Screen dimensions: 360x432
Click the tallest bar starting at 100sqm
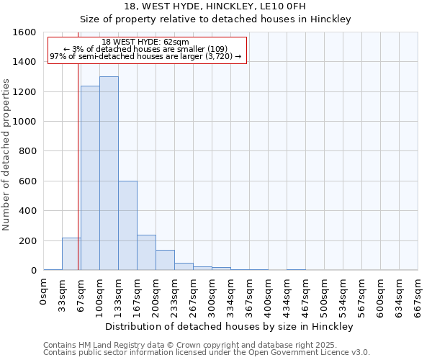(109, 173)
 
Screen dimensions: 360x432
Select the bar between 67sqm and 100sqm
(90, 178)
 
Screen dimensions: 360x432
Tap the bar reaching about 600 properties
(127, 225)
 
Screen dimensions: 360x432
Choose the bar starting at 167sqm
(146, 252)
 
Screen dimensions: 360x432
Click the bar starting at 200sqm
(165, 260)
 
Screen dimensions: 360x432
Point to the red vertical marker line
(78, 166)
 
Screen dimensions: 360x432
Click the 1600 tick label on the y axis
(24, 32)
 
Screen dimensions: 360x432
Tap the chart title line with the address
(215, 6)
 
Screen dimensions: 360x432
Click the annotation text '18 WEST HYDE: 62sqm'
(145, 42)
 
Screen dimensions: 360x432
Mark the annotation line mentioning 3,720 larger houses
(145, 57)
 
